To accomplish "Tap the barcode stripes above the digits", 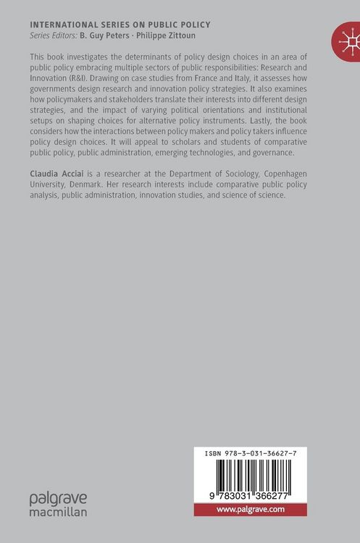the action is click(x=264, y=477).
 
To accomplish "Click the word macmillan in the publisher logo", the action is click(x=58, y=511).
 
